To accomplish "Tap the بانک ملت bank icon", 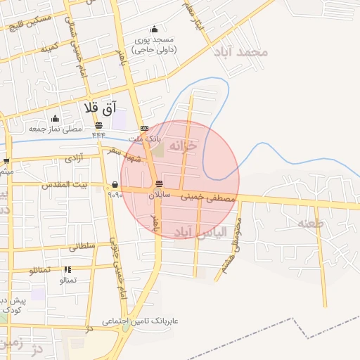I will tap(144, 129).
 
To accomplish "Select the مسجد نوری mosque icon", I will tap(155, 30).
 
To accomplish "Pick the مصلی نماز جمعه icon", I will tap(55, 118).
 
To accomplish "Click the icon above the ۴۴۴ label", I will tap(98, 126).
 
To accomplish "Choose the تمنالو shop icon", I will tap(67, 269).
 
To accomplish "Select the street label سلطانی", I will tap(82, 247).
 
